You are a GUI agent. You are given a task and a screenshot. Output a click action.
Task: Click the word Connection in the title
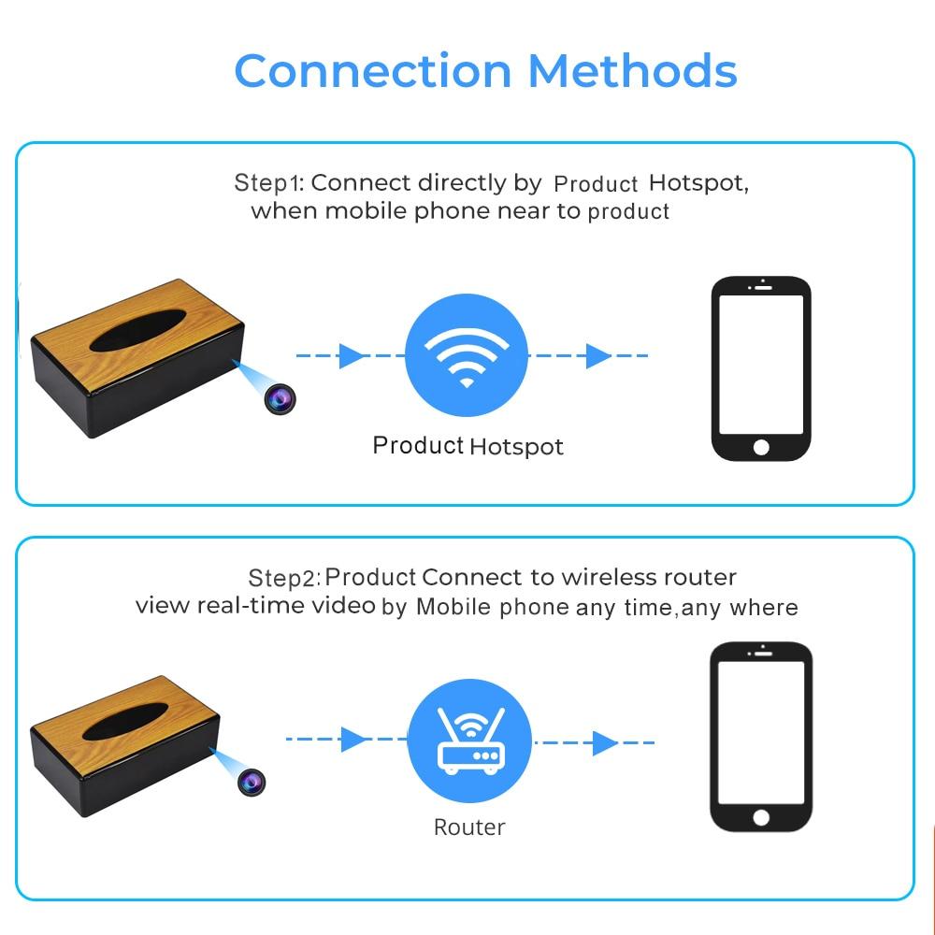pos(373,70)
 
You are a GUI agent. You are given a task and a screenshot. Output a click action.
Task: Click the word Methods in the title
pos(632,70)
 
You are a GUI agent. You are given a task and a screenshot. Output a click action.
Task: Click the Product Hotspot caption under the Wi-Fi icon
pos(467,446)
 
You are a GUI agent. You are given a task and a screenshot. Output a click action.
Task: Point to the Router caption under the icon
pos(469,827)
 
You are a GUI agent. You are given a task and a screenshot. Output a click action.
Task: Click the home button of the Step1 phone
pos(761,447)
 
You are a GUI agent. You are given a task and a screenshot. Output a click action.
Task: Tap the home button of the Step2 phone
pos(761,817)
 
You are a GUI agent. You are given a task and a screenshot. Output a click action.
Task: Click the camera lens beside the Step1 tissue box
pos(280,399)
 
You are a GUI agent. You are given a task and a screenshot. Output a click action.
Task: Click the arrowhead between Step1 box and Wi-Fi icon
pos(352,355)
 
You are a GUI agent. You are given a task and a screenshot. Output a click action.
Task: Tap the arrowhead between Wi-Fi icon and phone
pos(598,355)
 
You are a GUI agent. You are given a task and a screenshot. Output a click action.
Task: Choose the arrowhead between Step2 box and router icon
pos(354,740)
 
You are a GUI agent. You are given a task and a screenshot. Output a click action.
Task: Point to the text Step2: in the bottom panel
pos(284,578)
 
